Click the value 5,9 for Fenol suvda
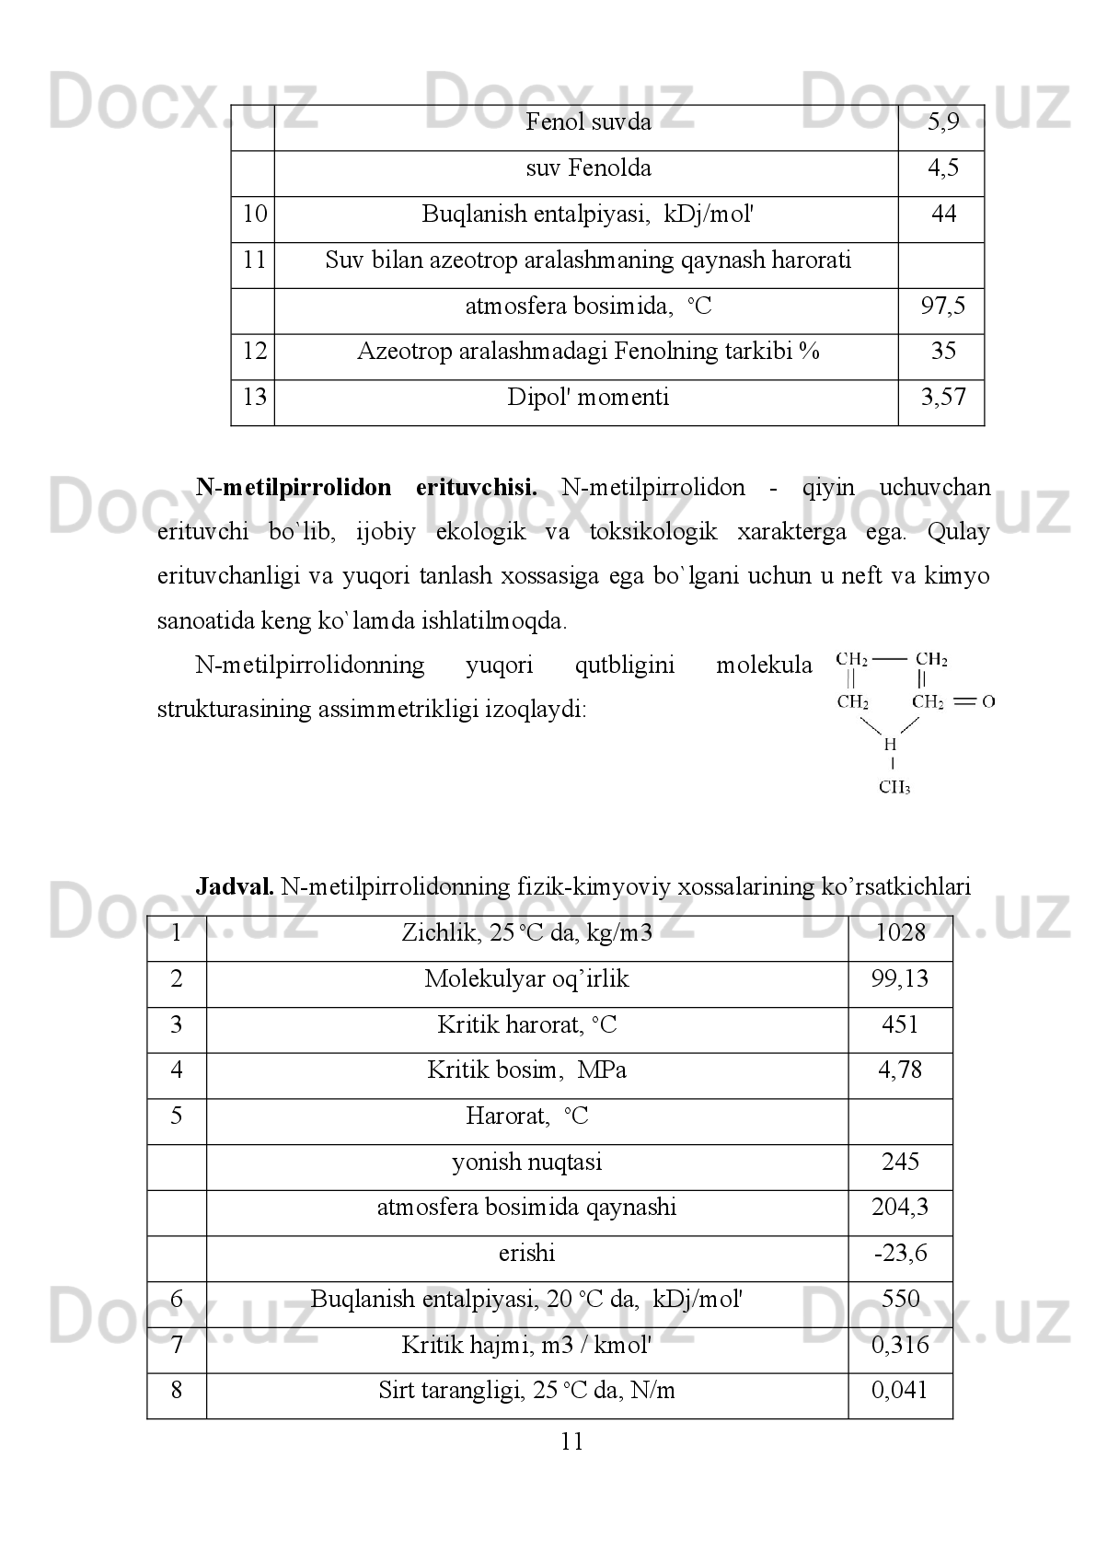pyautogui.click(x=943, y=122)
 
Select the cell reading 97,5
pyautogui.click(x=943, y=307)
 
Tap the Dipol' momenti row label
pyautogui.click(x=588, y=398)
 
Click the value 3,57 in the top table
pyautogui.click(x=943, y=398)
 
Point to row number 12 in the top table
pyautogui.click(x=254, y=352)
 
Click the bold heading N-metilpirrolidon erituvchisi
pyautogui.click(x=366, y=488)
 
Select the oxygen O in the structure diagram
pyautogui.click(x=988, y=702)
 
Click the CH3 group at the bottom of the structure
pyautogui.click(x=894, y=787)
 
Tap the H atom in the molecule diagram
pyautogui.click(x=889, y=744)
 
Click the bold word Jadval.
pyautogui.click(x=234, y=887)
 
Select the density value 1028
pyautogui.click(x=900, y=933)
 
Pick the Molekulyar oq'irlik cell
pyautogui.click(x=526, y=979)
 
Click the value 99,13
pyautogui.click(x=900, y=979)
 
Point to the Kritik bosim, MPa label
pyautogui.click(x=526, y=1070)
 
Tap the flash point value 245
pyautogui.click(x=900, y=1162)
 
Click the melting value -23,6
pyautogui.click(x=900, y=1255)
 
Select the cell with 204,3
pyautogui.click(x=900, y=1208)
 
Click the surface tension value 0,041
pyautogui.click(x=900, y=1391)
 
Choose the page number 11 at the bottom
pyautogui.click(x=571, y=1442)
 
